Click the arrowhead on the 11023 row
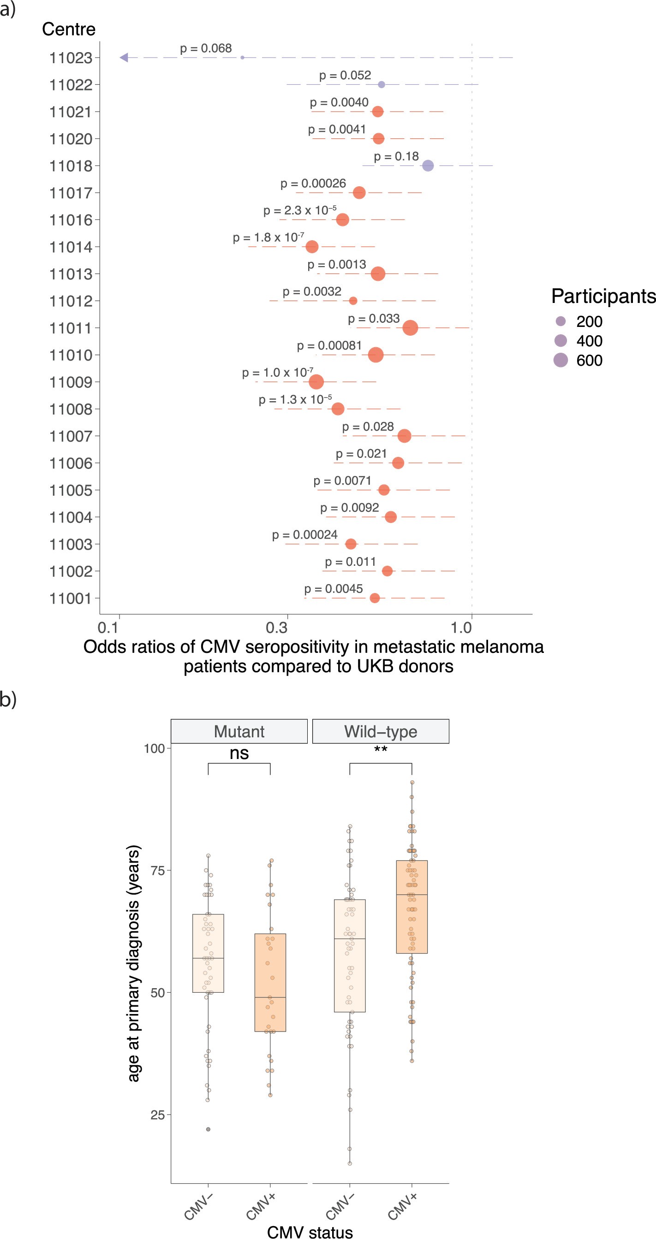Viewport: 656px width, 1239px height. [x=124, y=58]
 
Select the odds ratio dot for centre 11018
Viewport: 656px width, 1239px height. [x=427, y=166]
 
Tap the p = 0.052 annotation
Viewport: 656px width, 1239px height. [x=345, y=76]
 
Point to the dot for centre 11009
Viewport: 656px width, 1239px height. [x=316, y=382]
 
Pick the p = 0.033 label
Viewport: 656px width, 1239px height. [x=374, y=319]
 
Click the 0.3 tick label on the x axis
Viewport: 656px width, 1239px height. [x=277, y=627]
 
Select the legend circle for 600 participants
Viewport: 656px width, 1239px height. [x=560, y=360]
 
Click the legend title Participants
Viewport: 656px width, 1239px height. [x=603, y=296]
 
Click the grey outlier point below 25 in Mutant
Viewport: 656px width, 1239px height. [x=208, y=1129]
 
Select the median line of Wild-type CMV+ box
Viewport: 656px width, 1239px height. [x=411, y=895]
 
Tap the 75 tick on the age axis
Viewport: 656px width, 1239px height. [x=157, y=871]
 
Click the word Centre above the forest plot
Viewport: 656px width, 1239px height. [x=68, y=30]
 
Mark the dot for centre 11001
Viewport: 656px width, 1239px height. [x=375, y=598]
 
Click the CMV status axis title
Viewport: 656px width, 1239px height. [x=310, y=1232]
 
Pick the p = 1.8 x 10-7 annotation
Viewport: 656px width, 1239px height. [x=268, y=237]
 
